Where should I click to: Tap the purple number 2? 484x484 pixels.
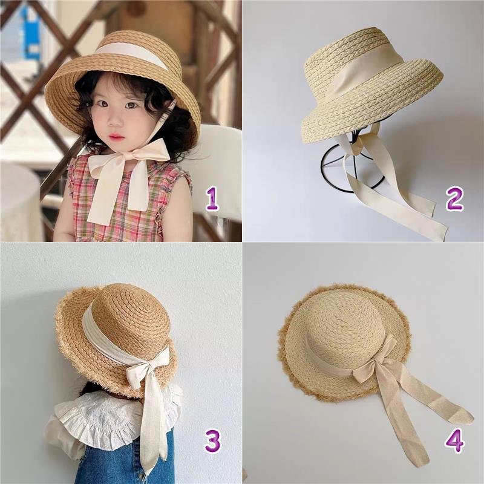tap(454, 199)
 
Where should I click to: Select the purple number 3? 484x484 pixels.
tap(213, 441)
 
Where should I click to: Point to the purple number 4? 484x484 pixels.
tap(455, 441)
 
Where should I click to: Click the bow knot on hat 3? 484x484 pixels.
tap(139, 373)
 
